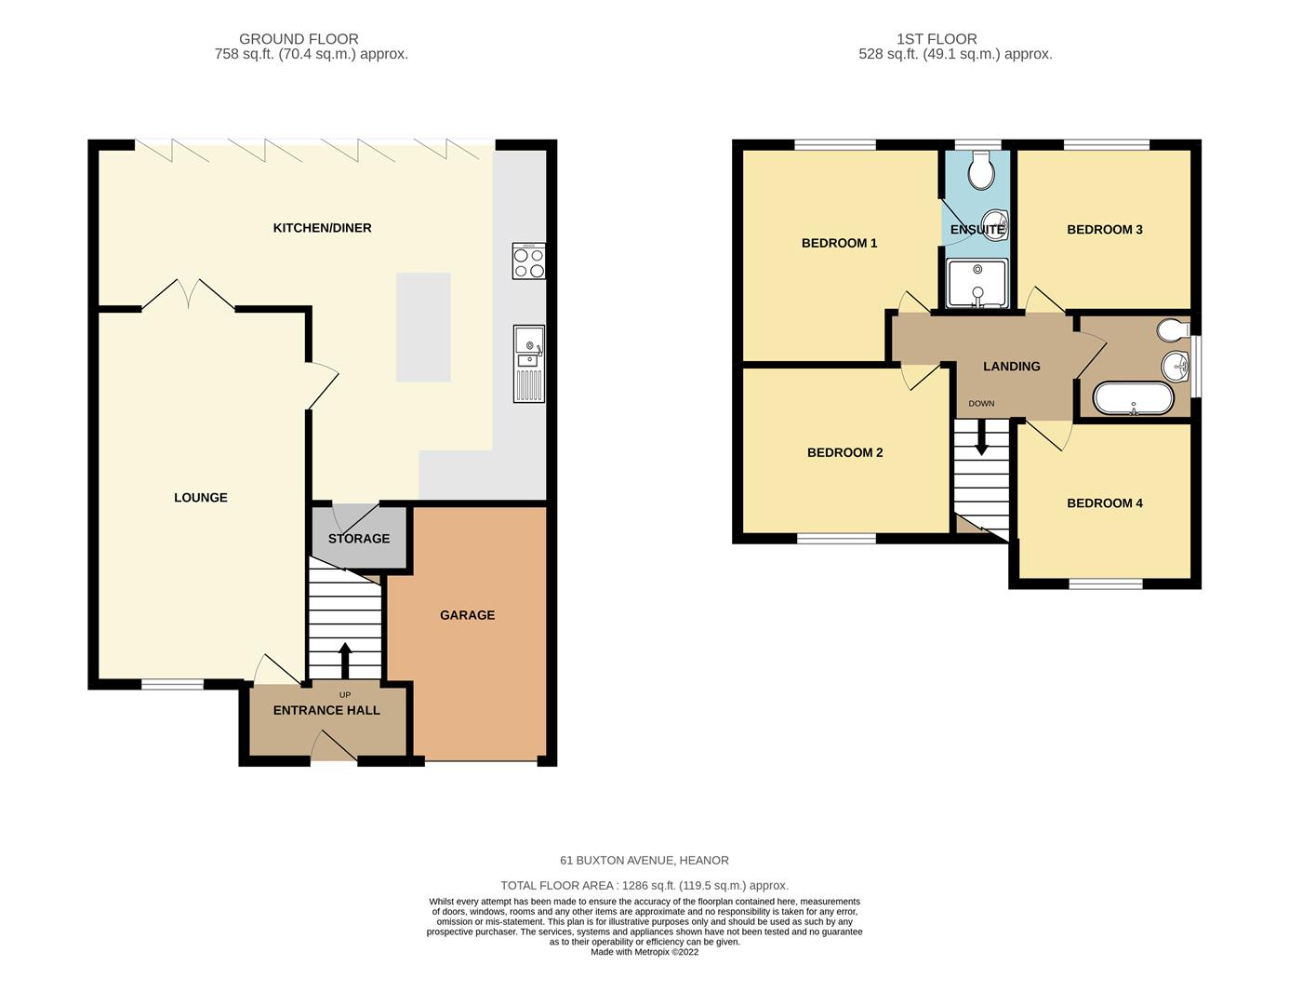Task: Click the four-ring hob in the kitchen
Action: [x=528, y=261]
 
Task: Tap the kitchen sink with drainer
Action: [x=528, y=363]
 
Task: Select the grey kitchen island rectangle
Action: [x=423, y=327]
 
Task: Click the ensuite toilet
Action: [x=981, y=170]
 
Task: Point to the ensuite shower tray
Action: [x=977, y=284]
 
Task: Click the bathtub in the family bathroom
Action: [x=1133, y=398]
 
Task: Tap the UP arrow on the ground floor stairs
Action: [x=345, y=661]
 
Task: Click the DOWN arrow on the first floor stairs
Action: [x=982, y=437]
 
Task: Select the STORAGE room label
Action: [x=359, y=539]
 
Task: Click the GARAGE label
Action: [x=468, y=615]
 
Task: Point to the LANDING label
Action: [x=1011, y=367]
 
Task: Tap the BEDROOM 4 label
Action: [x=1105, y=503]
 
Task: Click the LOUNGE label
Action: [x=201, y=498]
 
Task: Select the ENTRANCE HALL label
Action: [x=326, y=710]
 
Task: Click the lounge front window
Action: [x=172, y=685]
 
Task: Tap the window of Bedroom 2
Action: [x=836, y=538]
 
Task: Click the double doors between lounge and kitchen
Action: [x=188, y=295]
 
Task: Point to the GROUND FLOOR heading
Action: [x=299, y=39]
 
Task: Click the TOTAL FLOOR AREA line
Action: [x=644, y=885]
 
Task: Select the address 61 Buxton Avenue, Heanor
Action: [x=644, y=860]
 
